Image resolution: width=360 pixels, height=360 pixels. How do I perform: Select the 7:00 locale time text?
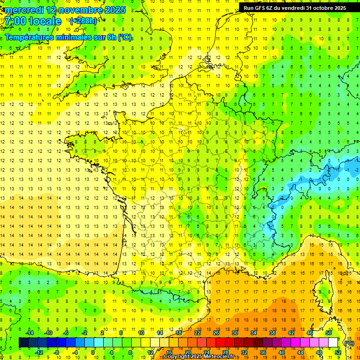coord(33,21)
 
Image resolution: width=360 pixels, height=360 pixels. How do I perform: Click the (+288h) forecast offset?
coord(83,21)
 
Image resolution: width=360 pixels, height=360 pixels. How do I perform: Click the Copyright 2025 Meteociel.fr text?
coord(199,357)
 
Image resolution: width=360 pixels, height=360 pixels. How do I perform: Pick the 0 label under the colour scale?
coord(93,352)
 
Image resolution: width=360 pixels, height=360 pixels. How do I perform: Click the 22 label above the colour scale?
coord(197,333)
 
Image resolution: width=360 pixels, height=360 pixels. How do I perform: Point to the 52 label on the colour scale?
coord(337,352)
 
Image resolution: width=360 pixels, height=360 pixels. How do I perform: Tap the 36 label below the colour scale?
coord(262,352)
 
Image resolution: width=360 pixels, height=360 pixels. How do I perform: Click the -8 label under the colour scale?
coord(57,352)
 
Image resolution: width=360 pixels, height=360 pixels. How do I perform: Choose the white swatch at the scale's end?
coord(333,343)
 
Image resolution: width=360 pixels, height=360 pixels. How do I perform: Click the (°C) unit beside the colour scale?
coord(349,343)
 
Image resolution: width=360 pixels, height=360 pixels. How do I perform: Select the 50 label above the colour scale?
coord(329,333)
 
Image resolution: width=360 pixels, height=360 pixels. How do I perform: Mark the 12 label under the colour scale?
coord(150,352)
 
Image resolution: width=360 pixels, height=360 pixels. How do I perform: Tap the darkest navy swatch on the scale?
coord(24,343)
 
